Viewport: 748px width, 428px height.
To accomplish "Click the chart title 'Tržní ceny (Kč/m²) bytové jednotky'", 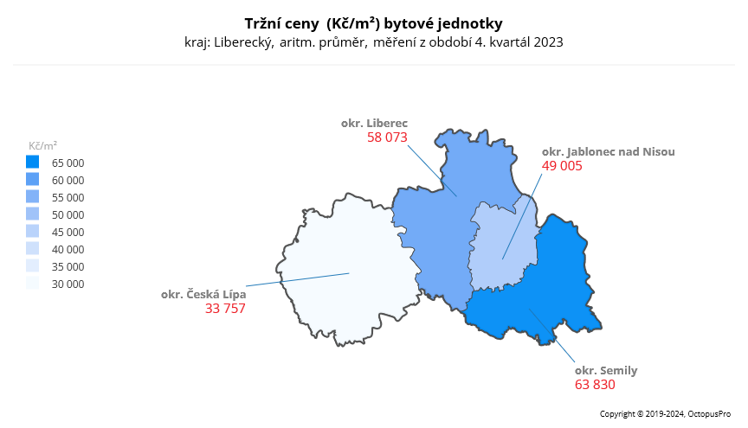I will (x=373, y=22).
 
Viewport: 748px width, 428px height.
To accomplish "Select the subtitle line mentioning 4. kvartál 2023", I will (x=373, y=42).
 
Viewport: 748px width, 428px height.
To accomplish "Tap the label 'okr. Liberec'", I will (x=374, y=124).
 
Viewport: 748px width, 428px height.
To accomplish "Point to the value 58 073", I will (x=387, y=137).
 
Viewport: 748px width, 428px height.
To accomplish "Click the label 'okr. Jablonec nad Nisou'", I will (x=608, y=151).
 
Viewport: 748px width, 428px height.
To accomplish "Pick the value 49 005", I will (x=562, y=166).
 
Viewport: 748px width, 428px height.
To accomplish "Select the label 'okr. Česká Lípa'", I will (x=203, y=295).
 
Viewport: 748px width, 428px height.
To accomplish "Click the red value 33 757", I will (x=225, y=309).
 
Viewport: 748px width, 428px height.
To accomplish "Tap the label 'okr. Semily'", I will (x=606, y=370).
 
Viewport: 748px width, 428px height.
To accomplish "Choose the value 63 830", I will (x=595, y=384).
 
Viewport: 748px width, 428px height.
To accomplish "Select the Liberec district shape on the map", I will (x=442, y=225).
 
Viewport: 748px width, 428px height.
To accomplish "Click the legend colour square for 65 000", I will (x=33, y=163).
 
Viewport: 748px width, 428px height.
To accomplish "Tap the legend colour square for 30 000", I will (x=33, y=284).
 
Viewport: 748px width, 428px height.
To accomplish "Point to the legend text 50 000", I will (x=68, y=214).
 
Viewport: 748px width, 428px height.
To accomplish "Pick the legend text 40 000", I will (x=68, y=249).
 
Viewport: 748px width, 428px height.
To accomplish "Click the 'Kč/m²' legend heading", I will (x=43, y=145).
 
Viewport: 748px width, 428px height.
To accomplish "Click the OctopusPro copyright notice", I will (x=666, y=414).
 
